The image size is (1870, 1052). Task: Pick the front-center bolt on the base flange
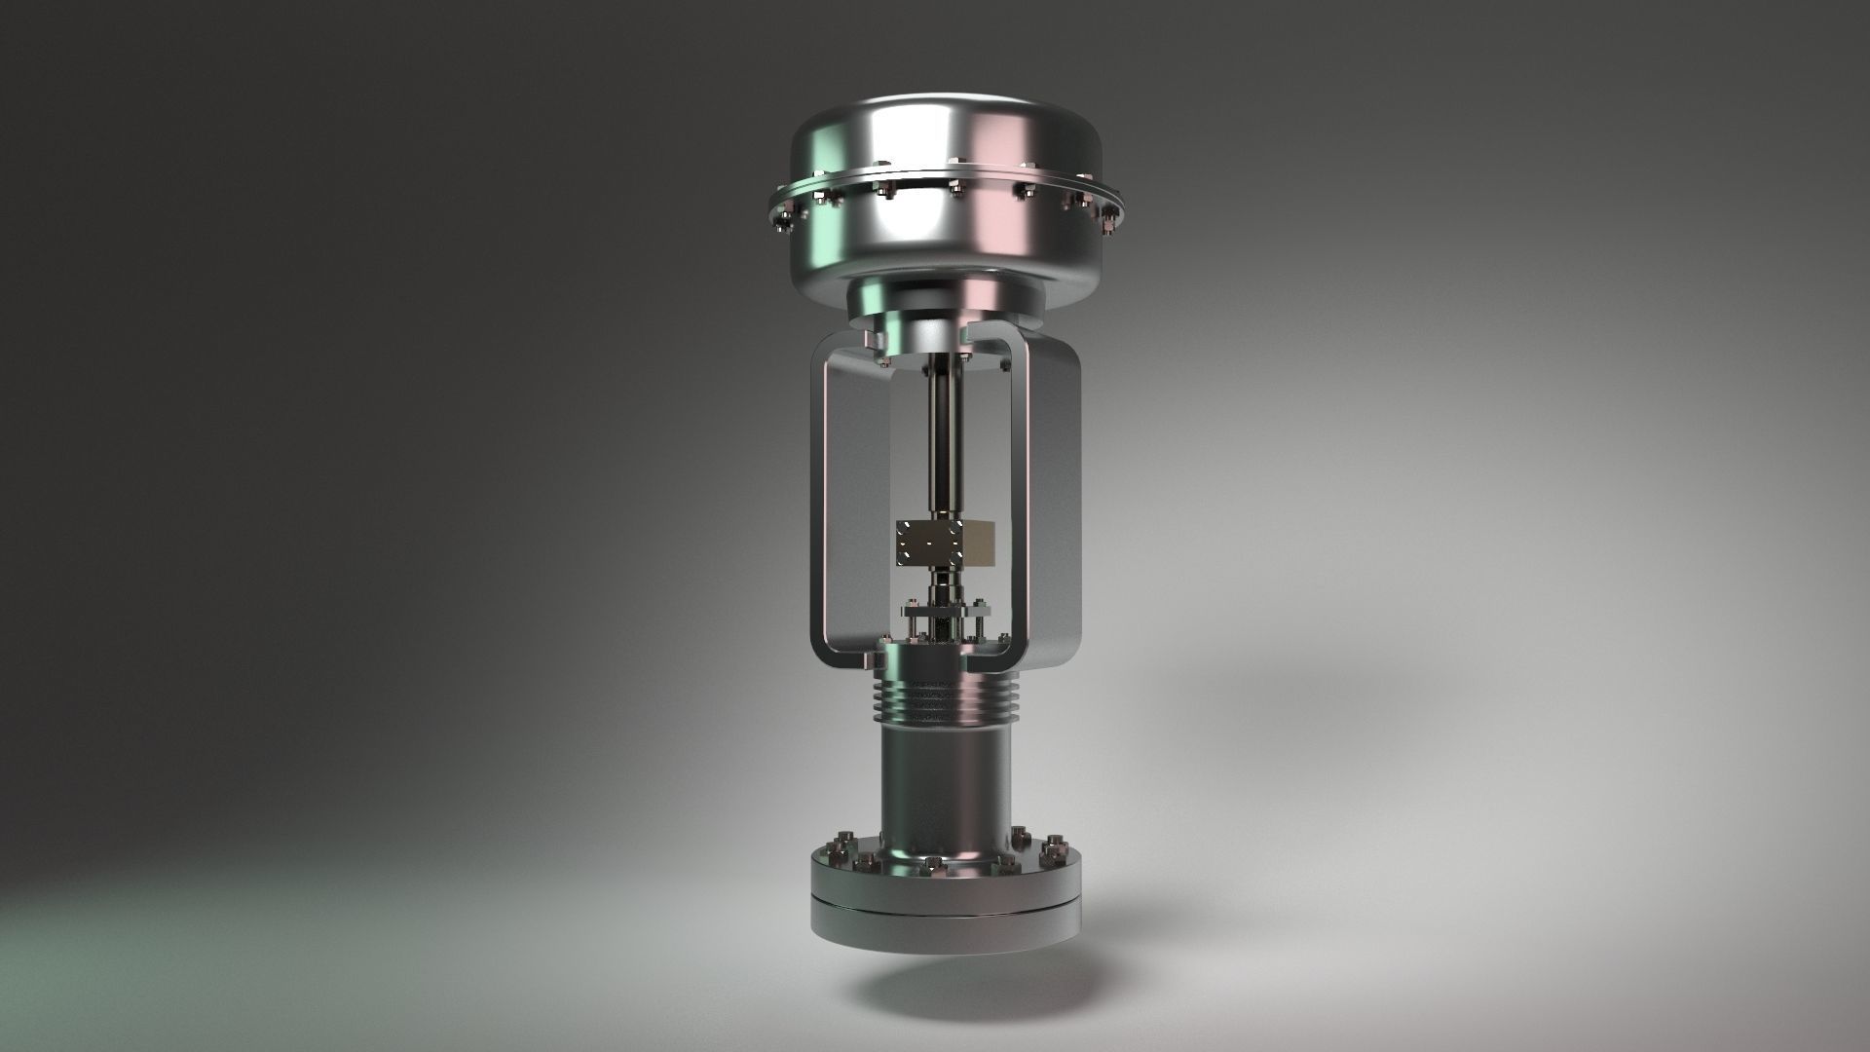(932, 864)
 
